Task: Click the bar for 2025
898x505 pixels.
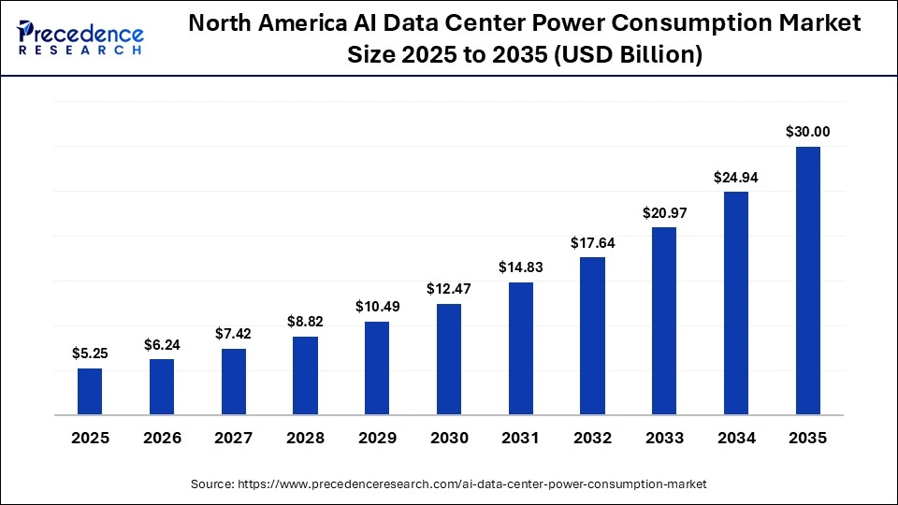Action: pyautogui.click(x=90, y=391)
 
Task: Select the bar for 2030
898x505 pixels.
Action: pyautogui.click(x=449, y=359)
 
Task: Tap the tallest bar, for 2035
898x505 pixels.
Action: pyautogui.click(x=807, y=281)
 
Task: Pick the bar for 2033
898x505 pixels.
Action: pyautogui.click(x=664, y=321)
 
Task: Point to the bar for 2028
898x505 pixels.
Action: pyautogui.click(x=305, y=375)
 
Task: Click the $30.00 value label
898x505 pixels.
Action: pyautogui.click(x=807, y=132)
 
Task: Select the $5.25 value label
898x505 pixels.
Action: pyautogui.click(x=90, y=353)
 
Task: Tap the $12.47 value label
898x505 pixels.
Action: pyautogui.click(x=449, y=289)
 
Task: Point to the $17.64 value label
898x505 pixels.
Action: pyautogui.click(x=592, y=243)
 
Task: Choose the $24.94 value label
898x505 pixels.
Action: pyautogui.click(x=736, y=177)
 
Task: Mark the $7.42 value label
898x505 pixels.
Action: pyautogui.click(x=234, y=334)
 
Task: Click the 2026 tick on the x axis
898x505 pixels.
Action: pyautogui.click(x=162, y=438)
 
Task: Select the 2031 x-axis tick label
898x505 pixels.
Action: pyautogui.click(x=520, y=438)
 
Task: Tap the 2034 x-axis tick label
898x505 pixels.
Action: pyautogui.click(x=736, y=438)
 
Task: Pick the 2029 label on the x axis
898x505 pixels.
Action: pyautogui.click(x=377, y=438)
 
